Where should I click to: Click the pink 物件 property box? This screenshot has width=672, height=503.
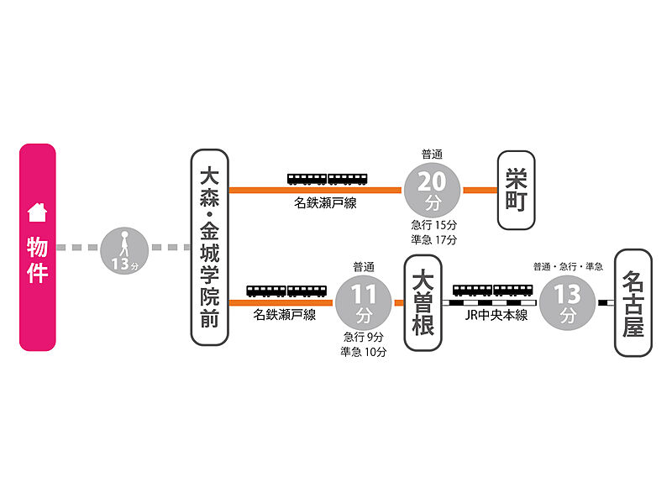pos(38,247)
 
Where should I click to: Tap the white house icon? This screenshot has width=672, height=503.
pos(37,213)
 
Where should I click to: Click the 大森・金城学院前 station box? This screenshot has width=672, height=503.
pos(209,247)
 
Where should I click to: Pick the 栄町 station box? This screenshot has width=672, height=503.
pos(515,190)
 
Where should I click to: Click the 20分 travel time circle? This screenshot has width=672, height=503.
pos(433,190)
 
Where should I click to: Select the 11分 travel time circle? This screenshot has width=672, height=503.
pos(364,303)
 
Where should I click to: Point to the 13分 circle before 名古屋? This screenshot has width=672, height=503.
pos(568,303)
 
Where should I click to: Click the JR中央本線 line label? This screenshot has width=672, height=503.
pos(495,316)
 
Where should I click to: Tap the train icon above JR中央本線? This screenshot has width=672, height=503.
pos(493,291)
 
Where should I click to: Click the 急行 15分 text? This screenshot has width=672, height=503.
pos(433,225)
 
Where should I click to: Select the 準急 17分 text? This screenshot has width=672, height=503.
pos(433,240)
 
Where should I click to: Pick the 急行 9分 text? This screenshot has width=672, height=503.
pos(364,338)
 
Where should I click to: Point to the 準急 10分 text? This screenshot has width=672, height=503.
pos(364,353)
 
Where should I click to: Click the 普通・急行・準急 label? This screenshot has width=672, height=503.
pos(568,267)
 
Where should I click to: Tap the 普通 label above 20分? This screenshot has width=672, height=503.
pos(432,154)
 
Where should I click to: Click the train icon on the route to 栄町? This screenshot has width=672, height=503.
pos(328,179)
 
